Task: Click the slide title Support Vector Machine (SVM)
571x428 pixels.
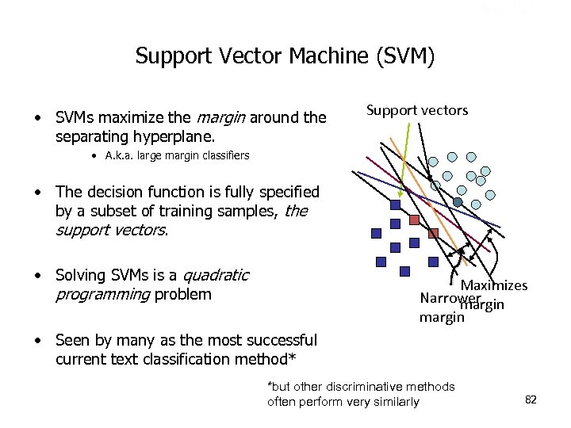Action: coord(285,56)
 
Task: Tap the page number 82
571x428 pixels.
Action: coord(531,399)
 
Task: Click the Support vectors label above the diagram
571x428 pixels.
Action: coord(417,110)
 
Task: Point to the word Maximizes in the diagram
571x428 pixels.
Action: coord(494,285)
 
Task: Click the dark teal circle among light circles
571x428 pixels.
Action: coord(458,202)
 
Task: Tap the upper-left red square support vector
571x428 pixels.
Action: coord(416,219)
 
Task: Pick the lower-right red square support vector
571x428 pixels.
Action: coord(433,233)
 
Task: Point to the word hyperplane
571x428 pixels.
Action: coord(159,136)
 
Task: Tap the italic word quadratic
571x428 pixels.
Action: coord(216,276)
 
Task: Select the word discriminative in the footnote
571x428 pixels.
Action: coord(370,387)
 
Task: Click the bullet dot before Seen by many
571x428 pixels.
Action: coord(37,342)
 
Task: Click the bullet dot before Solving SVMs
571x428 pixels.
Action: coord(37,277)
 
